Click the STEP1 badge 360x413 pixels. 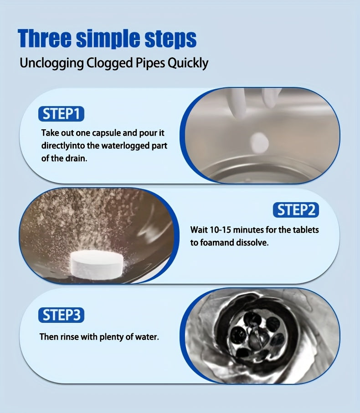61,114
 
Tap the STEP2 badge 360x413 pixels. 296,210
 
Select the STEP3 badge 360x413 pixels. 61,315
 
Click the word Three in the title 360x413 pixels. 44,39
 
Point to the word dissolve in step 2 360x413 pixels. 252,243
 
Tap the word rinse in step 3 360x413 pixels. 70,337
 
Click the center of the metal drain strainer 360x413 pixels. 257,335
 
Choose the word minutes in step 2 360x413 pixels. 252,229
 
